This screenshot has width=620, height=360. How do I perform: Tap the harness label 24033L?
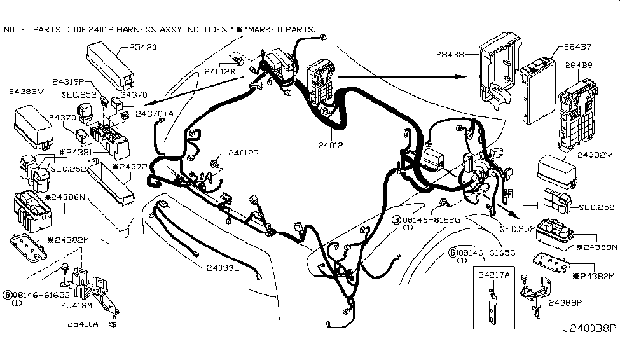point(221,268)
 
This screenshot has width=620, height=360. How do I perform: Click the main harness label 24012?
point(331,145)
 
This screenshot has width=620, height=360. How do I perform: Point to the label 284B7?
point(577,46)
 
